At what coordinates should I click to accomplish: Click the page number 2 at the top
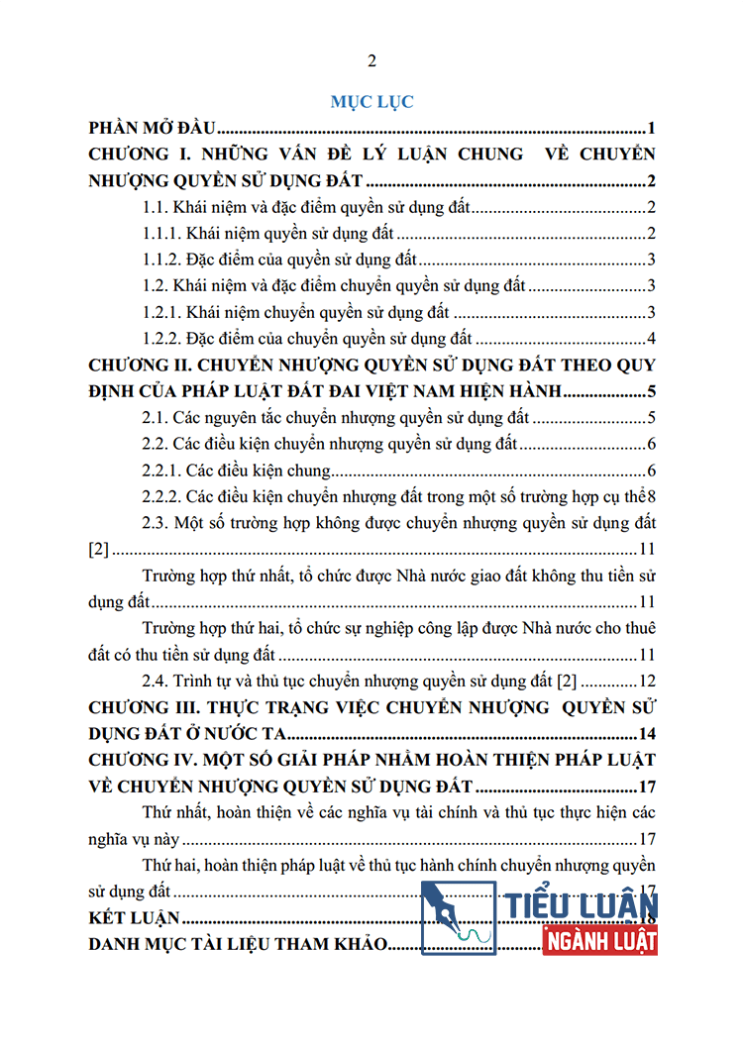click(372, 61)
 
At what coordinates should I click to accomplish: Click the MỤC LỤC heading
click(371, 101)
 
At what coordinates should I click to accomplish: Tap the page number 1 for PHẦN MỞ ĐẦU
click(651, 128)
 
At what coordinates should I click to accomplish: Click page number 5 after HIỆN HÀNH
click(651, 390)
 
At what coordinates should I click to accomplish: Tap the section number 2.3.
click(156, 522)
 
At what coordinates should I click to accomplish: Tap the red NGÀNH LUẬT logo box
click(600, 941)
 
